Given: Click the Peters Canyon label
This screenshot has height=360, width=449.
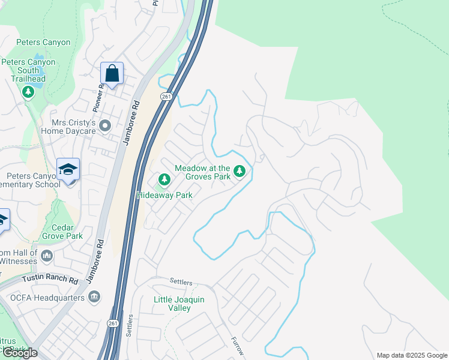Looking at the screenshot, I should [43, 43].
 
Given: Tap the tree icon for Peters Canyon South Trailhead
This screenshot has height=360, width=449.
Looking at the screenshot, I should [27, 92].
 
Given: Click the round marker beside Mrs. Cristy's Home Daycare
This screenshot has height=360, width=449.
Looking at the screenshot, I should [106, 125].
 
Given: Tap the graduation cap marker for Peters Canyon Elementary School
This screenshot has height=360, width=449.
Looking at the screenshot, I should [68, 170].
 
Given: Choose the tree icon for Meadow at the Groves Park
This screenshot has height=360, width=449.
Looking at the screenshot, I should [240, 172].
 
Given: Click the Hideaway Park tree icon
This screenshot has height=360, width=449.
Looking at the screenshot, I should [164, 179].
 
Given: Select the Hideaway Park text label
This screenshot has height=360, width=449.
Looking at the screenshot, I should [164, 195].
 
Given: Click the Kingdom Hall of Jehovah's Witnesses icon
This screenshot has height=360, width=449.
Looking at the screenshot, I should [47, 256].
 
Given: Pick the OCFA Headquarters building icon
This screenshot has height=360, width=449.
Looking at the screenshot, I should [94, 296].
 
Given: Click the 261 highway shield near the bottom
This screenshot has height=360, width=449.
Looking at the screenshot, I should [114, 323].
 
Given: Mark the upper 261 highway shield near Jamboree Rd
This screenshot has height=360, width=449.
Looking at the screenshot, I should [166, 97].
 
